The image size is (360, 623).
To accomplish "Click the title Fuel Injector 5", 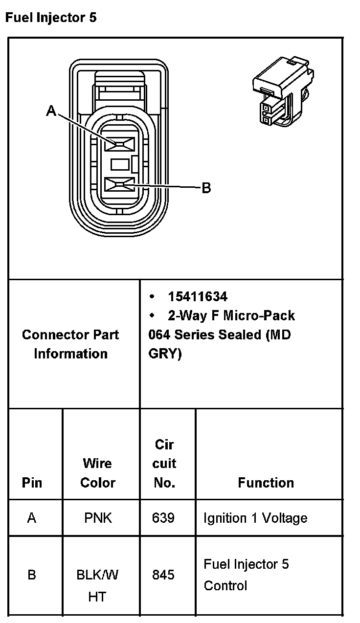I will click(x=51, y=18).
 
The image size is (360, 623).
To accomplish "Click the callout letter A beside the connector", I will click(x=51, y=112).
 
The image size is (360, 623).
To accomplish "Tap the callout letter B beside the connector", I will click(x=206, y=188).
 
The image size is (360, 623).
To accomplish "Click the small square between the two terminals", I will click(x=120, y=164).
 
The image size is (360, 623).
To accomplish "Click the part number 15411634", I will click(x=198, y=297).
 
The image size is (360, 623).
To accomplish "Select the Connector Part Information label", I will click(x=70, y=344).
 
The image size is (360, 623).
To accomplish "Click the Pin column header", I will click(x=32, y=483).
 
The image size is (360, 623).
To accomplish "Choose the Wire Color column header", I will click(x=97, y=473).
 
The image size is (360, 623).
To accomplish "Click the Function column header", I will click(x=266, y=483).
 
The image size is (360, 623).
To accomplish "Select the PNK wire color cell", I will click(x=98, y=518).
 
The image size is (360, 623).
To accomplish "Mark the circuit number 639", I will click(x=163, y=518).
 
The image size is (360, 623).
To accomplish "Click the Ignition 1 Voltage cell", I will click(x=255, y=518).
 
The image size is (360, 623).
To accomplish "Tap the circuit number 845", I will click(x=163, y=575).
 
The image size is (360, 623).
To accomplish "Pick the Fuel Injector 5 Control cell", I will click(x=246, y=575).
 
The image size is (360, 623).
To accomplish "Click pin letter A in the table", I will click(x=32, y=518).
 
